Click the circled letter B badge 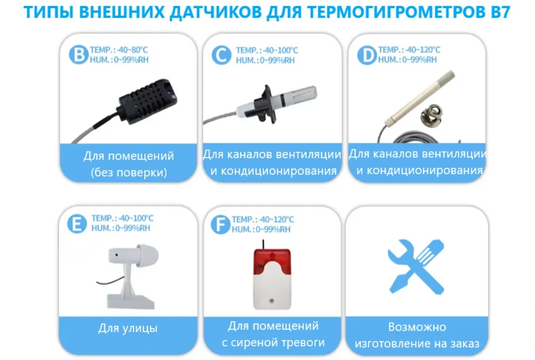tap(79, 54)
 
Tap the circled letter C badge tap(221, 55)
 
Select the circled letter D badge tap(367, 55)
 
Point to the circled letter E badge tap(77, 224)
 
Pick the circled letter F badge tap(221, 224)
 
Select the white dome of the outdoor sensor tap(147, 256)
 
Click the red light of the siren tap(272, 262)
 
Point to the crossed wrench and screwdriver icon tap(416, 266)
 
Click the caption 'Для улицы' tap(128, 328)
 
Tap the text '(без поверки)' tap(129, 172)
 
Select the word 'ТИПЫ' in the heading tap(48, 12)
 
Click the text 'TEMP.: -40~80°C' tap(119, 50)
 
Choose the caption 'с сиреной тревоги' tap(273, 342)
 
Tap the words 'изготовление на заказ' tap(417, 343)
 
